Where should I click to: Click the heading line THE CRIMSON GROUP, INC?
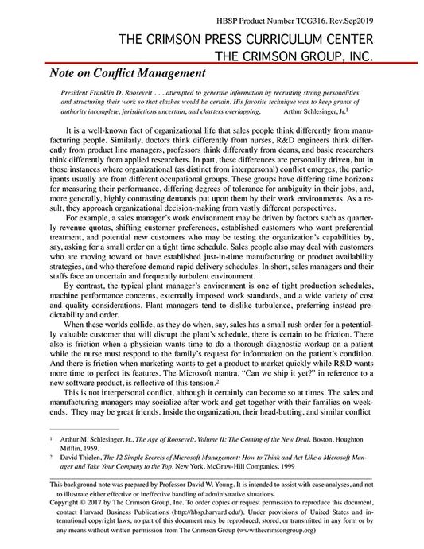299,53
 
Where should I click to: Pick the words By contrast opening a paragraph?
86,284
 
